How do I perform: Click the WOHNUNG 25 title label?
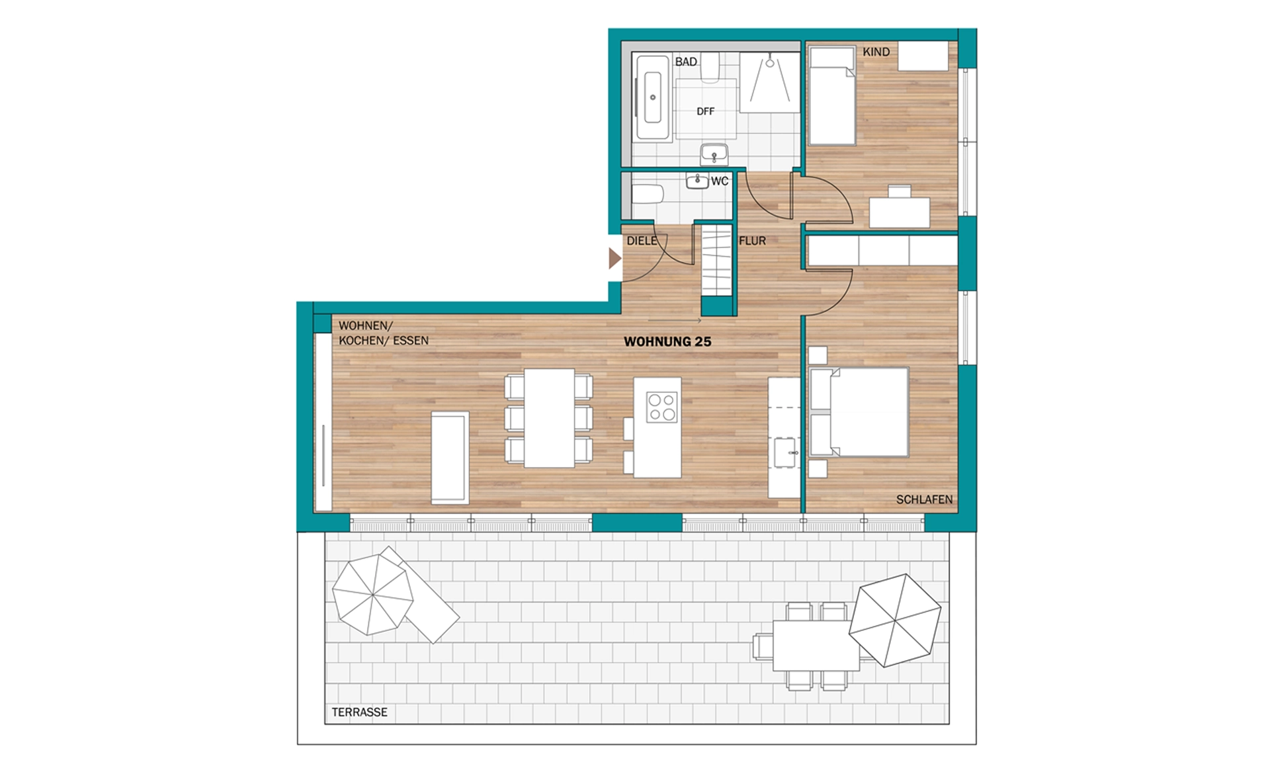click(x=667, y=342)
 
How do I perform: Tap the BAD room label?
click(x=686, y=62)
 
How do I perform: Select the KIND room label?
click(x=876, y=52)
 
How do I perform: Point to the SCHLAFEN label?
click(x=924, y=499)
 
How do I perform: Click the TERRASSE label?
click(x=360, y=712)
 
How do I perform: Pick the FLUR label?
click(x=752, y=241)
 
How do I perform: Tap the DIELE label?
click(x=642, y=241)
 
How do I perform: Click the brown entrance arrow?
click(x=614, y=259)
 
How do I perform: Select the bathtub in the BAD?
click(x=653, y=97)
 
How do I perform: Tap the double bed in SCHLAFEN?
click(x=859, y=412)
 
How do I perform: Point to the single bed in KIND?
click(x=831, y=95)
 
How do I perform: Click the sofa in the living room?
click(x=450, y=458)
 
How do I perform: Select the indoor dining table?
click(x=549, y=418)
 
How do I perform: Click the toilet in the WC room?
click(x=648, y=194)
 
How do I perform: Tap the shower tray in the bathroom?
click(x=769, y=83)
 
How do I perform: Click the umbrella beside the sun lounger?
click(x=372, y=595)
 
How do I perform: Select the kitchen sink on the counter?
click(x=785, y=452)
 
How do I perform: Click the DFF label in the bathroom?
click(x=705, y=111)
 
